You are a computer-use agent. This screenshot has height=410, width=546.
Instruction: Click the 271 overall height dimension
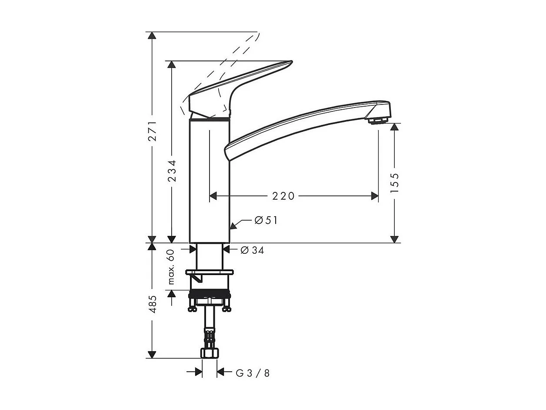tap(152, 131)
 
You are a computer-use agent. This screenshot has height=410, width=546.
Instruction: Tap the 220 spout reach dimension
tap(283, 196)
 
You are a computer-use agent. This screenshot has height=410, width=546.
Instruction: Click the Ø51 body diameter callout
tap(266, 221)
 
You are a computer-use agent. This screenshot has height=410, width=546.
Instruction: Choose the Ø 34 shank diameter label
tap(252, 250)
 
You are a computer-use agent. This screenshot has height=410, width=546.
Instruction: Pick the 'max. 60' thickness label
tap(171, 267)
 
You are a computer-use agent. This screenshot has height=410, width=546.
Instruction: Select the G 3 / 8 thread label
tap(253, 373)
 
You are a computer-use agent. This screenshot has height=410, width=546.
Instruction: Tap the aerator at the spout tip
tap(377, 120)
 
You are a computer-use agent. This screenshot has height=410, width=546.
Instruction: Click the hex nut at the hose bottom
tap(209, 353)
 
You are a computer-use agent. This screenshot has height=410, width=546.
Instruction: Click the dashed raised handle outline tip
tap(257, 35)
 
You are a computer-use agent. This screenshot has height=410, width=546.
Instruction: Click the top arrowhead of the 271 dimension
tap(152, 35)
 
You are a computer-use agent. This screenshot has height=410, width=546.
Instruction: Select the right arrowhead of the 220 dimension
tap(375, 196)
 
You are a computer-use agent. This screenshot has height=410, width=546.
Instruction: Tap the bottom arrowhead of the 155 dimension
tap(394, 239)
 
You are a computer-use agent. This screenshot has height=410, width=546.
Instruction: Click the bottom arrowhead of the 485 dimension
tap(152, 354)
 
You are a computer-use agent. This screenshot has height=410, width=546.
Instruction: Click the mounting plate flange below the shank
tap(209, 273)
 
